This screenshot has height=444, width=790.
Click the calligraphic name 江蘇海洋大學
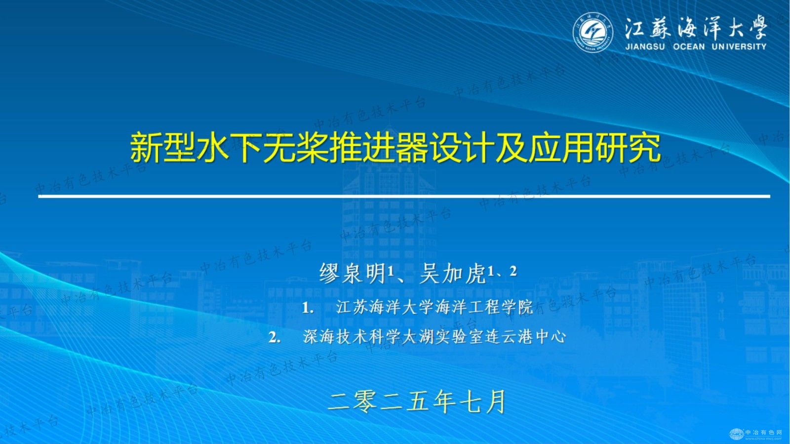(x=695, y=27)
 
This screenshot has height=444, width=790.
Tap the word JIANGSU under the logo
(x=645, y=46)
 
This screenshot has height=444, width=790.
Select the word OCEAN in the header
(x=689, y=46)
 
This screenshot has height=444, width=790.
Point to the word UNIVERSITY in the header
(x=739, y=46)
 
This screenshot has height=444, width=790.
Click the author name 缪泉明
(x=352, y=273)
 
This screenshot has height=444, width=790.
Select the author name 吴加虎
(x=452, y=273)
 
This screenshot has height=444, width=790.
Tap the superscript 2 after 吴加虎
(x=513, y=271)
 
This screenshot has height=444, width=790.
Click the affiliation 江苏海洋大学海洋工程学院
(x=434, y=307)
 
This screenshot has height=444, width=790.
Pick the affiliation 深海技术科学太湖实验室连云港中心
(x=434, y=337)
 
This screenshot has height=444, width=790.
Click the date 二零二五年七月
(x=417, y=402)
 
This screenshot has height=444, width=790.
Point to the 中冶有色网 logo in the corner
(x=756, y=434)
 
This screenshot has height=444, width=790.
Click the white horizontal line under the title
(x=404, y=196)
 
